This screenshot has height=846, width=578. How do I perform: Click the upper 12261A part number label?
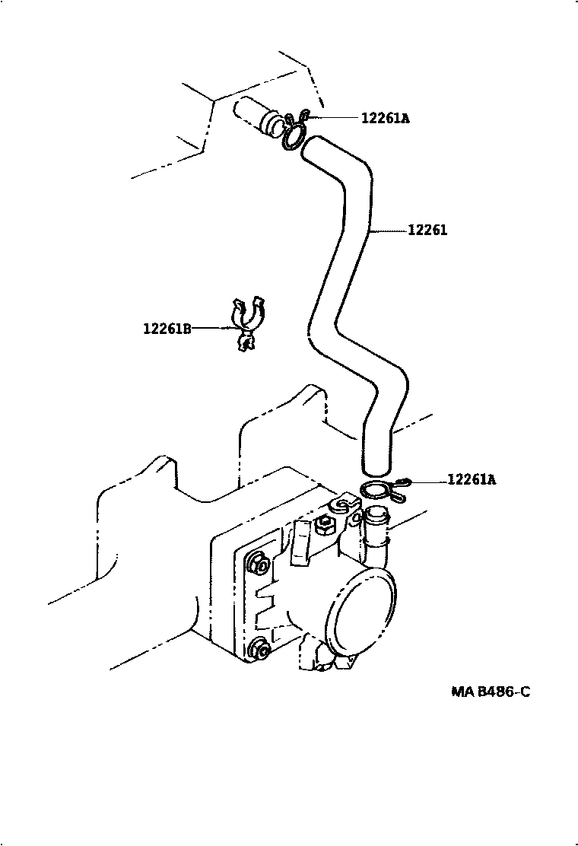coord(385,118)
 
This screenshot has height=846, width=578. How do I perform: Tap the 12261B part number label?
coord(167,329)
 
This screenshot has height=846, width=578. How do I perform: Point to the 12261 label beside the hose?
coord(427,230)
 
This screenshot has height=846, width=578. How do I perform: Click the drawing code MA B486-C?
coord(490,692)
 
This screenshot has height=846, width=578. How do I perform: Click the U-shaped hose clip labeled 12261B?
coord(247,323)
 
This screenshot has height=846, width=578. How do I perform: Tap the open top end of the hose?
coord(313,148)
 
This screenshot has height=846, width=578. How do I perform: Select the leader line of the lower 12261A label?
coord(427,481)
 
